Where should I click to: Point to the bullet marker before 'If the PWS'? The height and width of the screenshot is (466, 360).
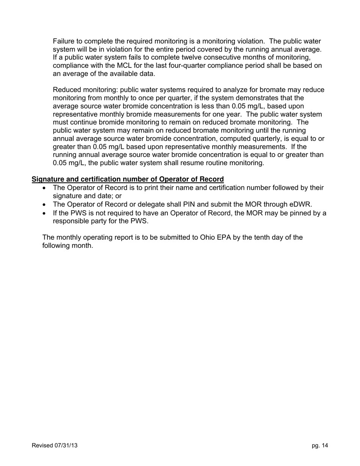pyautogui.click(x=45, y=213)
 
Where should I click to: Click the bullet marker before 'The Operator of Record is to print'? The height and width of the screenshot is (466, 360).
pyautogui.click(x=45, y=188)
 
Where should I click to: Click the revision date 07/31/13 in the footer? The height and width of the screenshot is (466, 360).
pyautogui.click(x=65, y=446)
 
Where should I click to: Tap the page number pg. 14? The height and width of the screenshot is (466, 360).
pyautogui.click(x=320, y=446)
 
